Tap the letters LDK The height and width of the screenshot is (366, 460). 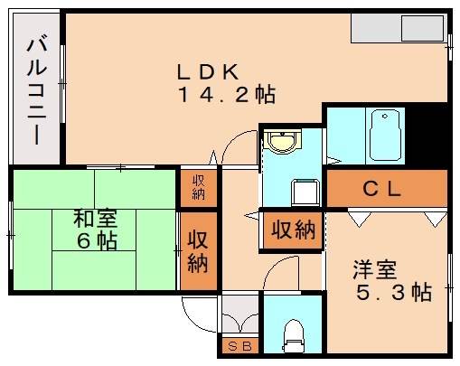(207, 70)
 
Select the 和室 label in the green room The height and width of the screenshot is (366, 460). (93, 219)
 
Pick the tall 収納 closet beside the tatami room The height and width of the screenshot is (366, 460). (198, 250)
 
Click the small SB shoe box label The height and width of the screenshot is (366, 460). (239, 345)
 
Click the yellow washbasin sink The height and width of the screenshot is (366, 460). (283, 141)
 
